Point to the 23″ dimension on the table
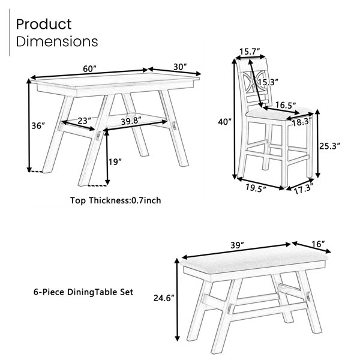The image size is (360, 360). pos(84,121)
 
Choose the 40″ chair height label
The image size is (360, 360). pos(224,121)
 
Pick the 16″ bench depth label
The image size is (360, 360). pos(318,245)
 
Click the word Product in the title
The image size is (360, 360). pos(44,25)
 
